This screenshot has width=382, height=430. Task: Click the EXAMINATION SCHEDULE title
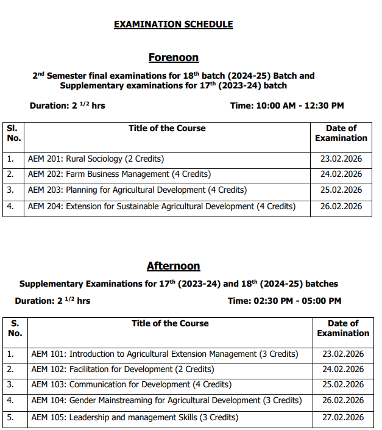(x=174, y=24)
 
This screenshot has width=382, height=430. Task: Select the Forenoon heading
(x=174, y=57)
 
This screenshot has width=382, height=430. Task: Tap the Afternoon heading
(x=174, y=266)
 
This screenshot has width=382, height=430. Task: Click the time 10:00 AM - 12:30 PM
(x=287, y=106)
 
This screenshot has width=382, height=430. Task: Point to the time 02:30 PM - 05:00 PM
(x=285, y=301)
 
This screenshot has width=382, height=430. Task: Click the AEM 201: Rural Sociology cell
(x=96, y=159)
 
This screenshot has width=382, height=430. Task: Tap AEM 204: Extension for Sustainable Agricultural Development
(x=161, y=206)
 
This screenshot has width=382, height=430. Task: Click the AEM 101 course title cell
(x=164, y=354)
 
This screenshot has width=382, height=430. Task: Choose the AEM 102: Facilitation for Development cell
(x=122, y=369)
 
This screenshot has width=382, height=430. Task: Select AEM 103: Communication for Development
(x=131, y=385)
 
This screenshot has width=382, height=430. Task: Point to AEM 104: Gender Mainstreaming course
(x=166, y=401)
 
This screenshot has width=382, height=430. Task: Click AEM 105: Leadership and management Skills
(x=135, y=417)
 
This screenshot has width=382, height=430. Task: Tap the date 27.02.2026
(x=343, y=417)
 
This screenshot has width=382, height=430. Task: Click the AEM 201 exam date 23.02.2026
(x=341, y=159)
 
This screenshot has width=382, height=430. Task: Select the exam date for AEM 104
(x=343, y=401)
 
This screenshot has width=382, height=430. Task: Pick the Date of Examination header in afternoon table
(x=343, y=328)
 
